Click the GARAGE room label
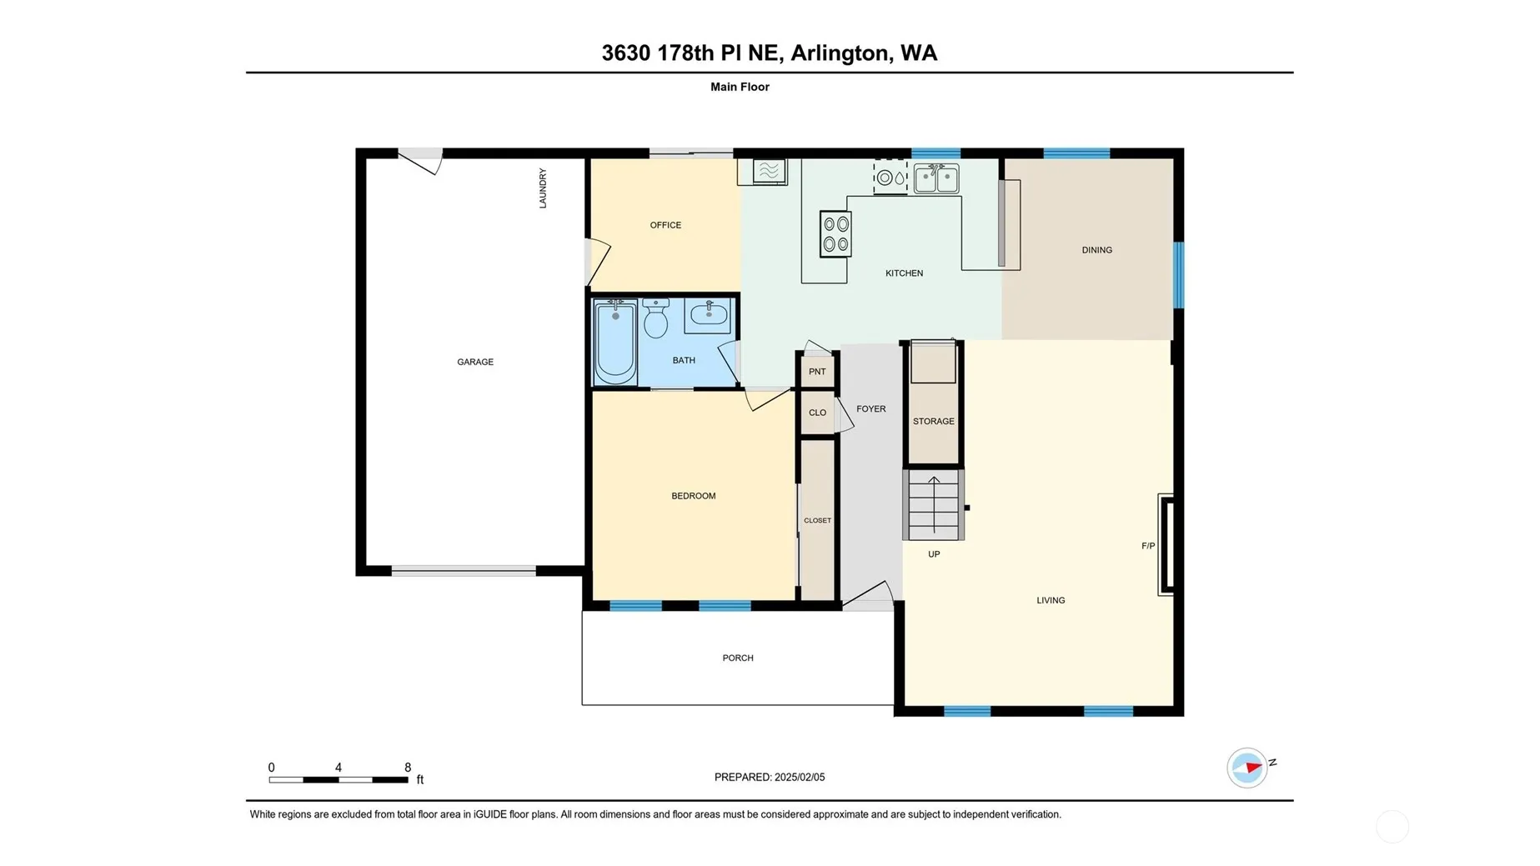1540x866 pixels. coord(475,362)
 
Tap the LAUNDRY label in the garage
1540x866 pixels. coord(543,188)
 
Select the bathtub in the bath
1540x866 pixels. coord(615,342)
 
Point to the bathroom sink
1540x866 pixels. coord(708,316)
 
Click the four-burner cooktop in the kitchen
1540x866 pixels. coord(835,233)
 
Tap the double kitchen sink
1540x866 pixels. coord(936,178)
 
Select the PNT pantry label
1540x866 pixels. coord(817,372)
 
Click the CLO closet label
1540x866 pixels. coord(817,413)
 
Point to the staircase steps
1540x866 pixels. coord(934,505)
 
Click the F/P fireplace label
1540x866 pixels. coord(1148,546)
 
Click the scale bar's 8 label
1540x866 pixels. coord(408,768)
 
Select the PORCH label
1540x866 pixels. coord(738,658)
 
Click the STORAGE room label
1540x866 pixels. coord(934,422)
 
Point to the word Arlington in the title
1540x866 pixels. coord(840,53)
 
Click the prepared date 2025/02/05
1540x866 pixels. coord(800,777)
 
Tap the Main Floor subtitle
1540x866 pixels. coord(740,87)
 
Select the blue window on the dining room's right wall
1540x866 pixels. coord(1179,275)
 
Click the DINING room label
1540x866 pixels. coord(1097,250)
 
